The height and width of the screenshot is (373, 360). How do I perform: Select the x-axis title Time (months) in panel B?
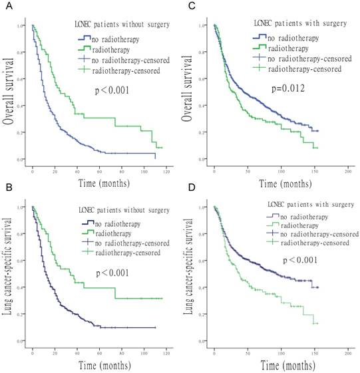pyautogui.click(x=98, y=366)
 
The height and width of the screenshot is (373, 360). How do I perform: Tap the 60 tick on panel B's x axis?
pyautogui.click(x=99, y=352)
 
